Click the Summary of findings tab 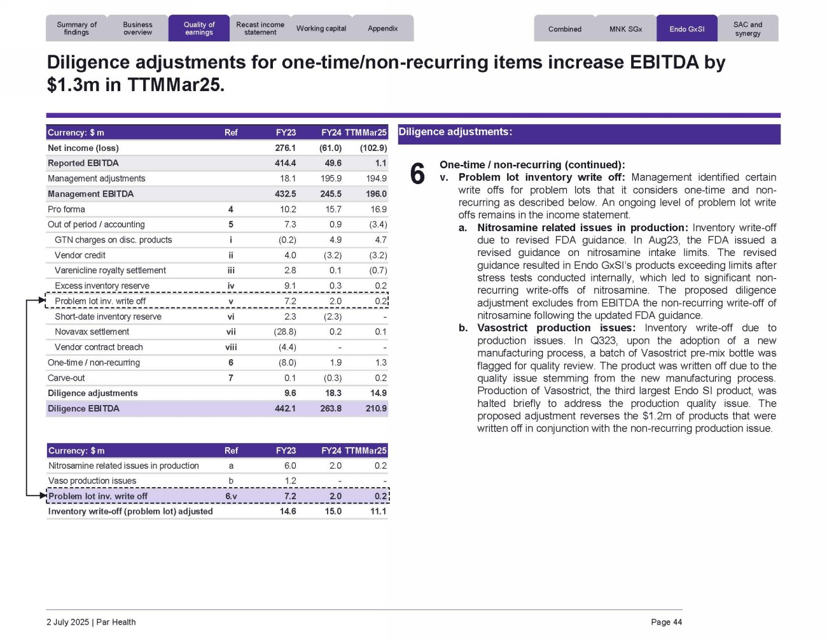click(76, 29)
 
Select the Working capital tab click(321, 29)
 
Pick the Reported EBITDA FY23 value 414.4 click(286, 164)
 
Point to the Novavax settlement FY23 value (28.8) click(284, 332)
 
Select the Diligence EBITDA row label click(83, 409)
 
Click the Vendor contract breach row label click(99, 347)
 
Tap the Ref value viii click(231, 347)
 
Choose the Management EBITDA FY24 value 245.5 click(331, 194)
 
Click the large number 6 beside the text click(417, 174)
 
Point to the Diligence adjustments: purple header click(588, 133)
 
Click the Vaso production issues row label click(92, 481)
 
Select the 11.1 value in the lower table click(379, 511)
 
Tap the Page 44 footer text click(666, 622)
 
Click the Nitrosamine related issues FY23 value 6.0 click(290, 466)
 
